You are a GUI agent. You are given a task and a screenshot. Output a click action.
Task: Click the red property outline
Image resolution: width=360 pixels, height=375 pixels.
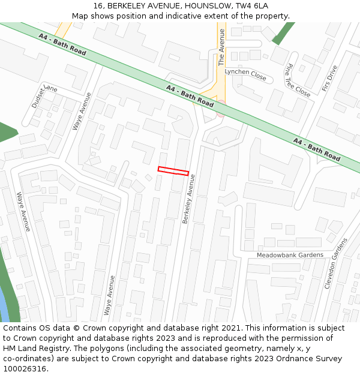tap(173, 171)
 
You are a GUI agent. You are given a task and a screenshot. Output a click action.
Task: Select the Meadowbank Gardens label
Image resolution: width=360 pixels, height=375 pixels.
tap(290, 255)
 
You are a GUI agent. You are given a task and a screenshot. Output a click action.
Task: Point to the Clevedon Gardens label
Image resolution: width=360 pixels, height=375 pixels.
tap(336, 263)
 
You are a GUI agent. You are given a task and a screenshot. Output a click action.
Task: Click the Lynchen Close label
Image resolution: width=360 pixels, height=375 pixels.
tap(245, 71)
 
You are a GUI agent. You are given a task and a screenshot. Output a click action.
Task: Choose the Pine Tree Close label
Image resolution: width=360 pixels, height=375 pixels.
tap(298, 80)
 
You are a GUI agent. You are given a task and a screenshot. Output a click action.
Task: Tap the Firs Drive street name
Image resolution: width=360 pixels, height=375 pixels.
tap(330, 78)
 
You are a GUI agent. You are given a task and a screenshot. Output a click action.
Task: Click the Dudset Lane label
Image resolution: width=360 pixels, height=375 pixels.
tap(43, 95)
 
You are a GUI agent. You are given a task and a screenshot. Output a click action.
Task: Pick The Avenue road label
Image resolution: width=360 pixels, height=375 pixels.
tap(221, 47)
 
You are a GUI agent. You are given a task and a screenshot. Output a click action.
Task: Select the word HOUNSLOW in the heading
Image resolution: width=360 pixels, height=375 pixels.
tap(203, 6)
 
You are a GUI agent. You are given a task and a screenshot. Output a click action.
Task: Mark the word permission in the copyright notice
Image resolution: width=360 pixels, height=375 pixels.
tap(291, 338)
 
